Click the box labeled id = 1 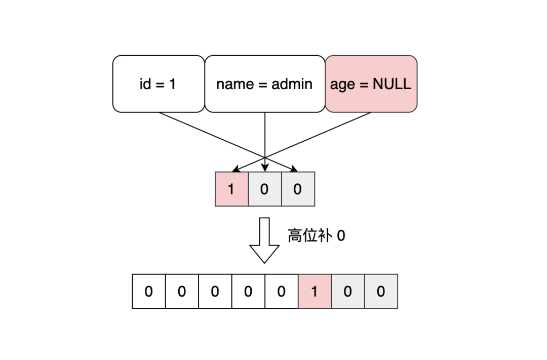158,84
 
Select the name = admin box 264,84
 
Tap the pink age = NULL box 371,84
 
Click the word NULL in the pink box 392,84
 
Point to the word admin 292,84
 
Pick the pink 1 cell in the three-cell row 231,189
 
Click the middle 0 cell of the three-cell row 264,189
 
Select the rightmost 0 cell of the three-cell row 298,189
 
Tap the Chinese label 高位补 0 316,235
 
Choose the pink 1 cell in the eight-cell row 314,291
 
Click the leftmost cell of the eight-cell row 148,291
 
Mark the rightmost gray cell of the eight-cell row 381,291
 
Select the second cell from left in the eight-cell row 182,291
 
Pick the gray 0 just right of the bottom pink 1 347,291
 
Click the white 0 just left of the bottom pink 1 281,291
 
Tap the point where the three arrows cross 265,156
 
